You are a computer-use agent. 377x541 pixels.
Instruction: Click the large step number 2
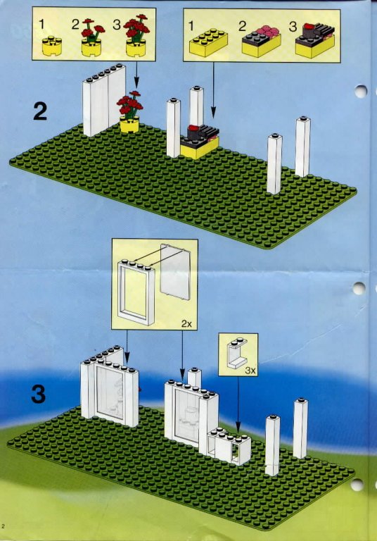point(40,112)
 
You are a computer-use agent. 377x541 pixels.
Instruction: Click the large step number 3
point(39,394)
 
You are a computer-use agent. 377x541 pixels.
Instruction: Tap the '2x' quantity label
point(186,323)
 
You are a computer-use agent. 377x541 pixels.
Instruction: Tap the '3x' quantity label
point(250,371)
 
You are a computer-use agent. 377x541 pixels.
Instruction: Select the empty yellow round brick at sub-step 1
point(52,46)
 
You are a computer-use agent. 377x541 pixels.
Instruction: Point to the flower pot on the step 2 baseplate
point(129,112)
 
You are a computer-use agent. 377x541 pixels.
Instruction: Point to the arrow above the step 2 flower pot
point(136,75)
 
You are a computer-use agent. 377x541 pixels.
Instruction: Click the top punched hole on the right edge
point(360,92)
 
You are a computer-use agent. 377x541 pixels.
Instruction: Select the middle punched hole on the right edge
point(359,288)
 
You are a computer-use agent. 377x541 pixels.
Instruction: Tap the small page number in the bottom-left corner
point(3,526)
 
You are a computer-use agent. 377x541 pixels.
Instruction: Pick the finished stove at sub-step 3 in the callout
point(314,40)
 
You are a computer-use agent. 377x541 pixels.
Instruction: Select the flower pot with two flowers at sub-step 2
point(91,37)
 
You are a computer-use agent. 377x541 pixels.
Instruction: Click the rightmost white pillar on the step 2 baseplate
point(302,147)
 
